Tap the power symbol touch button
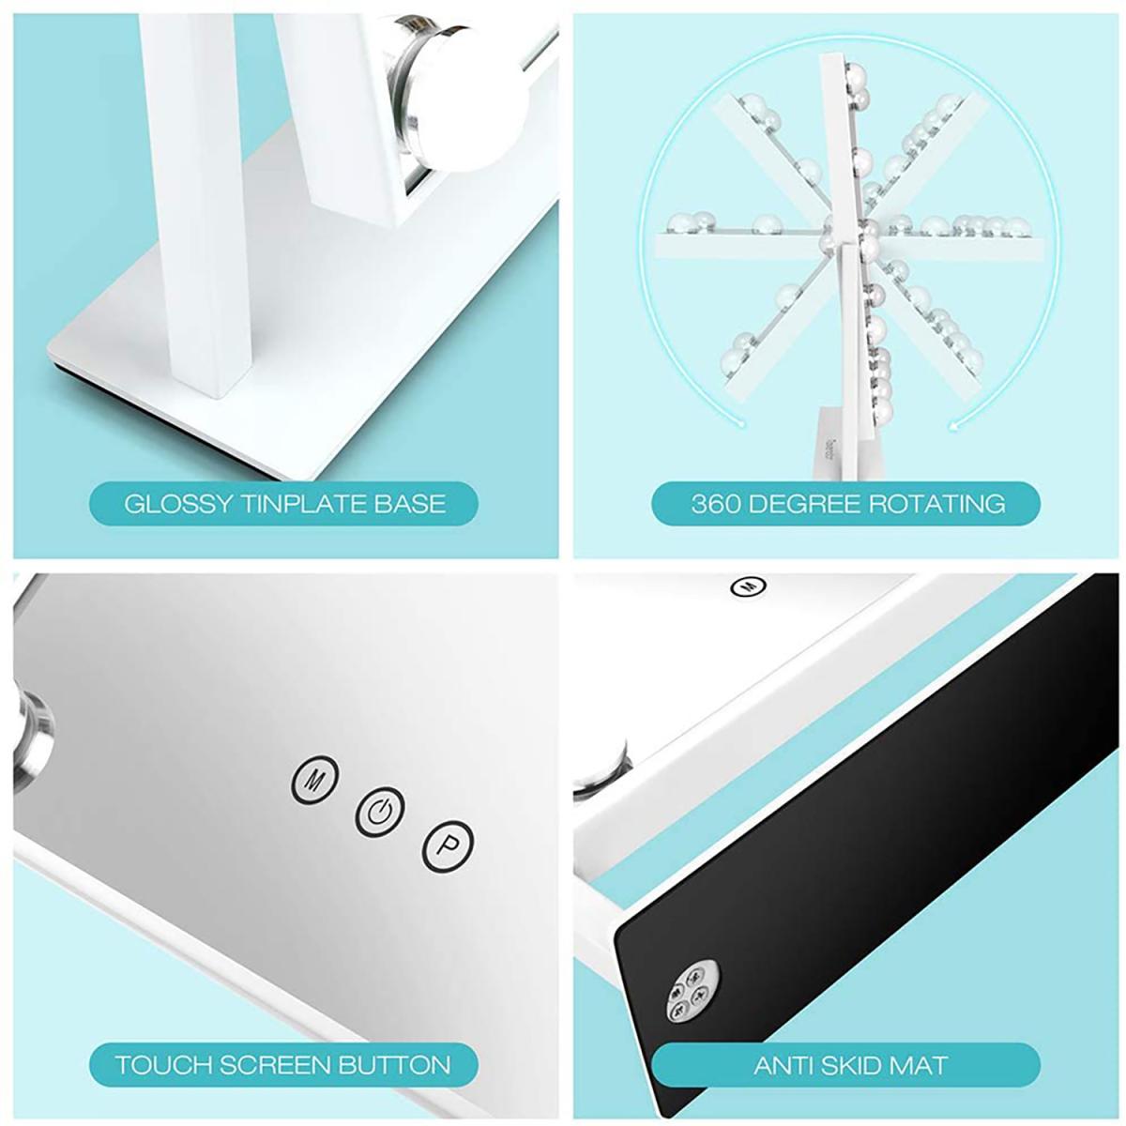pyautogui.click(x=380, y=812)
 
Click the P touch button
pyautogui.click(x=448, y=846)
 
